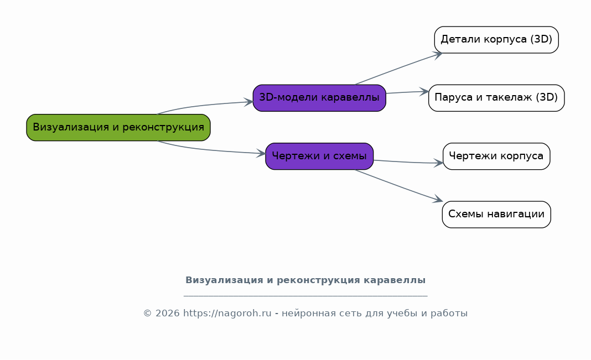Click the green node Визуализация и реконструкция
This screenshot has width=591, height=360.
[x=118, y=127]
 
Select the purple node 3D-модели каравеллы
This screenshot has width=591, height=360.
[x=319, y=98]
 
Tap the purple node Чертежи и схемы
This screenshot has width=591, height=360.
[x=319, y=156]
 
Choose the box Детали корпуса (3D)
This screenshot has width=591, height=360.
[x=496, y=40]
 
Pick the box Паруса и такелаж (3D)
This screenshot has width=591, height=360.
[x=496, y=98]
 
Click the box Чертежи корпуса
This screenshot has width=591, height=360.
[x=496, y=156]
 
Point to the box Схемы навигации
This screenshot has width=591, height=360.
[x=496, y=215]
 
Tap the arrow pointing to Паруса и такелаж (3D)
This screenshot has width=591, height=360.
[x=407, y=92]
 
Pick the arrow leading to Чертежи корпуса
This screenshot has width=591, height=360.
[x=408, y=162]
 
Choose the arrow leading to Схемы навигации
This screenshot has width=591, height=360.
[x=399, y=186]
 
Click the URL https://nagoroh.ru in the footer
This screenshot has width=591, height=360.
[x=227, y=314]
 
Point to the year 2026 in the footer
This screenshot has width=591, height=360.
[x=167, y=314]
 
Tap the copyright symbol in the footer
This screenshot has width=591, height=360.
[x=147, y=314]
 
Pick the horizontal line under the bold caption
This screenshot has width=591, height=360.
[x=305, y=296]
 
